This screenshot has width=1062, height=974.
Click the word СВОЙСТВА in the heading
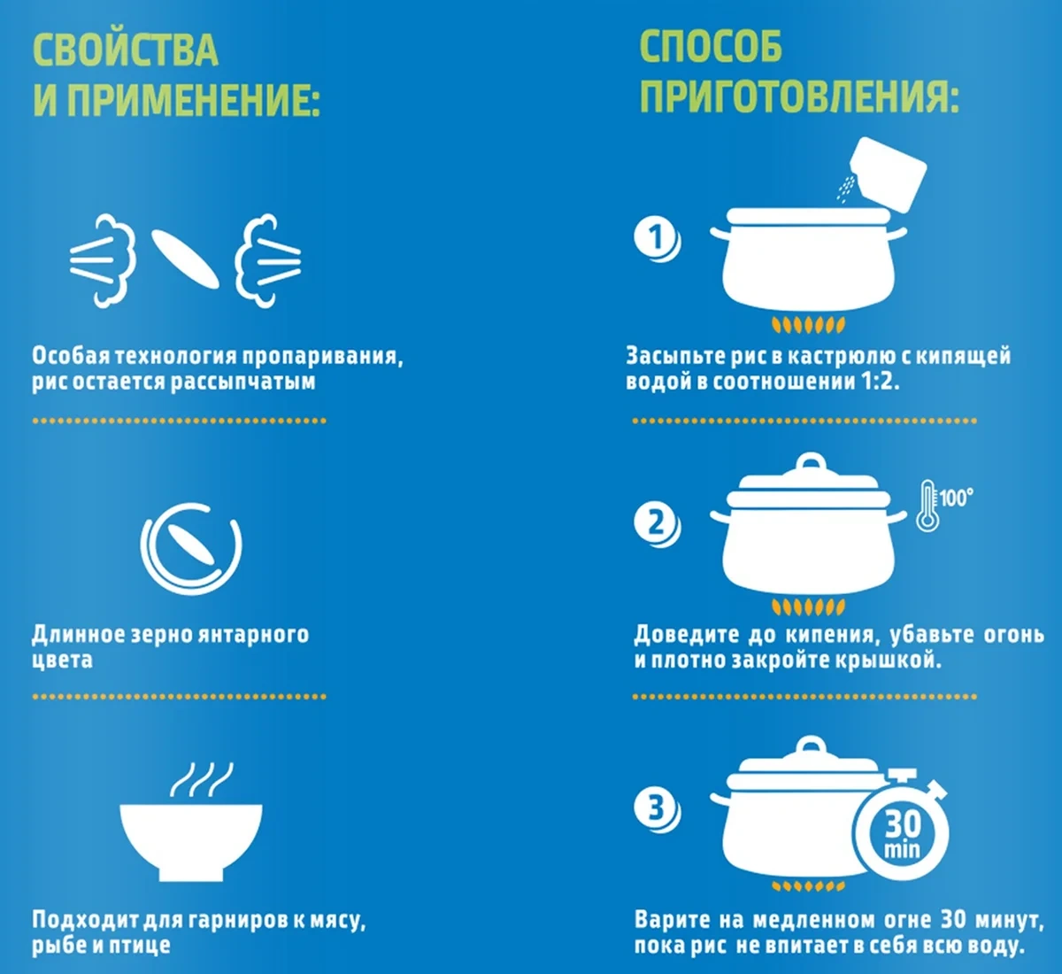click(126, 50)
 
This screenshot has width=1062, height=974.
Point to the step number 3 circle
click(657, 809)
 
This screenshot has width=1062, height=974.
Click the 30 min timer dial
click(901, 832)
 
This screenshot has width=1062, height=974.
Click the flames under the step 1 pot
click(808, 324)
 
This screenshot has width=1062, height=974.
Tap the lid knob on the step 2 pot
click(811, 462)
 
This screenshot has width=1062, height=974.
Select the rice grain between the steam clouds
click(185, 259)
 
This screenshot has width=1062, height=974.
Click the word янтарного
click(253, 634)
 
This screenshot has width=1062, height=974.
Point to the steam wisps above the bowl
click(202, 779)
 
